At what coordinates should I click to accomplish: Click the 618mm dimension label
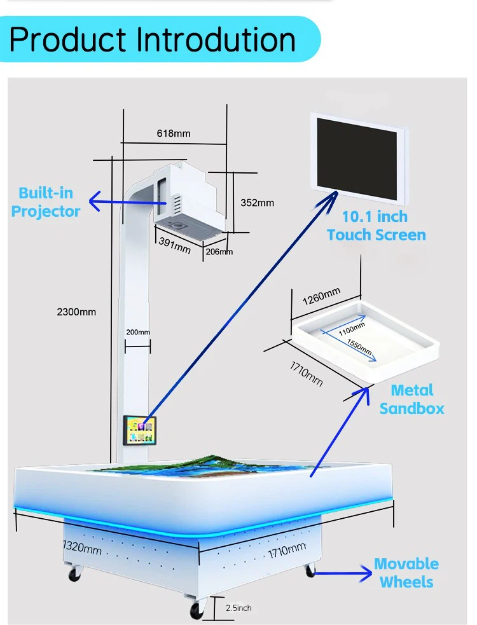coord(174,134)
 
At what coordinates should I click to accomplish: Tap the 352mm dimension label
coord(257,203)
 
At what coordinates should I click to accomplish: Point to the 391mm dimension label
coord(175,245)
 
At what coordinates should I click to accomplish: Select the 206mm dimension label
coord(219,252)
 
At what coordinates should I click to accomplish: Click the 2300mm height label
coord(76,312)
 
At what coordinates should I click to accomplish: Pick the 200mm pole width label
coord(138,332)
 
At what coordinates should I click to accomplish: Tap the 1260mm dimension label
coord(321,296)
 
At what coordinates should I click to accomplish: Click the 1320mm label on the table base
coord(82,547)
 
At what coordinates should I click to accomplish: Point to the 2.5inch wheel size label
coord(238,608)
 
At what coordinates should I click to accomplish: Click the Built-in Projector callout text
coord(45,202)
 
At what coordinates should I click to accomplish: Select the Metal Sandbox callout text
coord(411,399)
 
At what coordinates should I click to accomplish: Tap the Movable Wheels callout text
coord(406,573)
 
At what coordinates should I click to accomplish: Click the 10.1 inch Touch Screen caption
coord(376,226)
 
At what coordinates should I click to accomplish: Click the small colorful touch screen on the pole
coord(139,430)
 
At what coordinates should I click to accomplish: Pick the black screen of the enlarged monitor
coord(357,159)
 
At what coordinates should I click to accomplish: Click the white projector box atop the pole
coord(188,199)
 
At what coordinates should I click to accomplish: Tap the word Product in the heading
coord(68,39)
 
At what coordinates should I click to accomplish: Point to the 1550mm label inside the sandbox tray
coord(359,347)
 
